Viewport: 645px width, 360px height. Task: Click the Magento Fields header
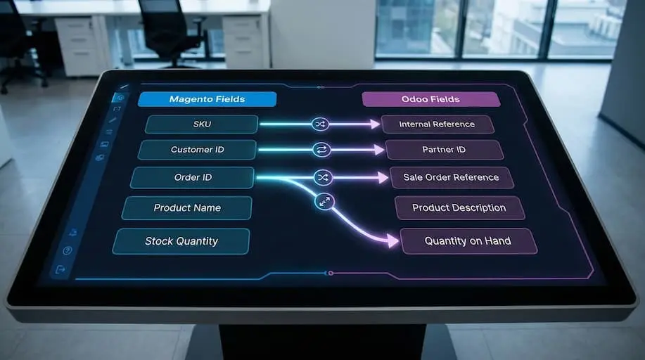[x=207, y=99]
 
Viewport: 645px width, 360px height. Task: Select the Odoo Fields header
[x=431, y=99]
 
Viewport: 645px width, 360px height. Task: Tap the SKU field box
[x=202, y=124]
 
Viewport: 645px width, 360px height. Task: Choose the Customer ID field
[x=197, y=150]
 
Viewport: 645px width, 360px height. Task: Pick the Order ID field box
[x=192, y=178]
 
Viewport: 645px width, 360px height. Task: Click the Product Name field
[x=187, y=208]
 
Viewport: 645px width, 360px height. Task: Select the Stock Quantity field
[x=181, y=241]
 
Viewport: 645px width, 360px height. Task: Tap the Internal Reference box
[x=437, y=124]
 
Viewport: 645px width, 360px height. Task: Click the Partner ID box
[x=444, y=150]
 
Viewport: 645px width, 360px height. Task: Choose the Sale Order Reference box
[x=451, y=178]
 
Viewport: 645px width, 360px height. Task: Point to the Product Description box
[x=459, y=208]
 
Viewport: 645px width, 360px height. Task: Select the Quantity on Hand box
[x=468, y=241]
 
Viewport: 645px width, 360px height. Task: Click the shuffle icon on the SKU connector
[x=320, y=124]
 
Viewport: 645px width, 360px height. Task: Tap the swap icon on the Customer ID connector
[x=321, y=150]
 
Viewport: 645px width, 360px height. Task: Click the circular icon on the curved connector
[x=324, y=202]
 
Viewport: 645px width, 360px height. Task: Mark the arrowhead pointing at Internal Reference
[x=376, y=124]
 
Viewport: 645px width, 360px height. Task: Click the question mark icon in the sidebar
[x=68, y=250]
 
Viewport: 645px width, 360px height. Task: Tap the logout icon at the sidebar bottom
[x=60, y=269]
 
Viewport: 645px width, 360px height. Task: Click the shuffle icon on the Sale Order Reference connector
[x=322, y=177]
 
